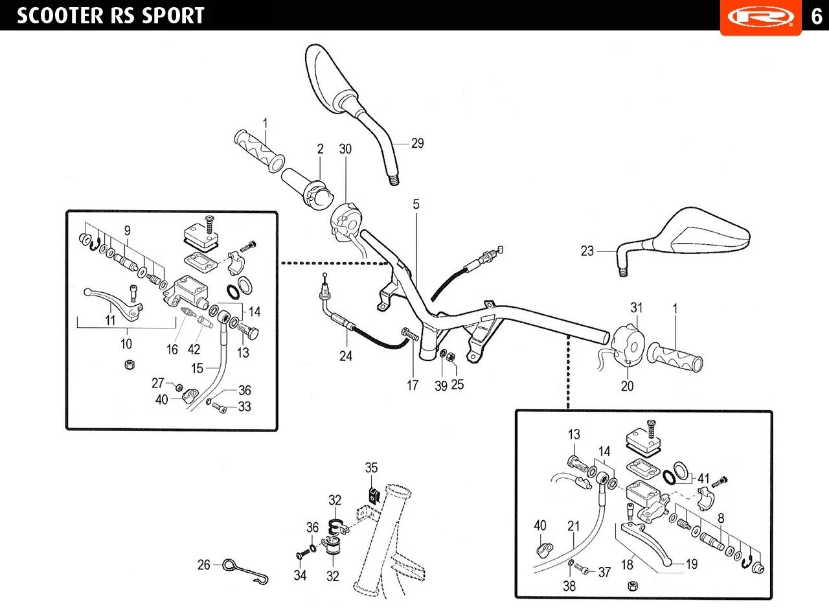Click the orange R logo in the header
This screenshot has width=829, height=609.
click(x=760, y=16)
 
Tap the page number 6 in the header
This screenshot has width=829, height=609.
click(x=816, y=16)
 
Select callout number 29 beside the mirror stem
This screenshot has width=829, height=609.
click(x=418, y=143)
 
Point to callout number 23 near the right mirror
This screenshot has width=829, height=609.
click(x=587, y=251)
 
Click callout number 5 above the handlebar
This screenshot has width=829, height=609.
click(x=416, y=204)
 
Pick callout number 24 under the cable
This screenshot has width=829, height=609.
click(x=346, y=356)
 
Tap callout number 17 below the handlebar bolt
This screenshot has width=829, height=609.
click(x=413, y=385)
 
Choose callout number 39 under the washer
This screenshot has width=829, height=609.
click(x=441, y=385)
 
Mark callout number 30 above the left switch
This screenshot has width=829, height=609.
click(x=345, y=149)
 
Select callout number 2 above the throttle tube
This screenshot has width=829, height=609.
click(x=320, y=149)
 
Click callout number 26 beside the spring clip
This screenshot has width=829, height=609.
click(x=204, y=565)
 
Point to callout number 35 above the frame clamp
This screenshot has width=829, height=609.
click(x=371, y=467)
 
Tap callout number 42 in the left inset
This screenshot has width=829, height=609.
click(x=194, y=349)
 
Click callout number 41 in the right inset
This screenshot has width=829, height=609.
click(x=703, y=479)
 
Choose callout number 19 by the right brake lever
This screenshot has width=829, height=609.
click(x=691, y=564)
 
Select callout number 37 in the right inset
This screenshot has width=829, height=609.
click(x=604, y=572)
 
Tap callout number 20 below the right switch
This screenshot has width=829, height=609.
click(x=628, y=386)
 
